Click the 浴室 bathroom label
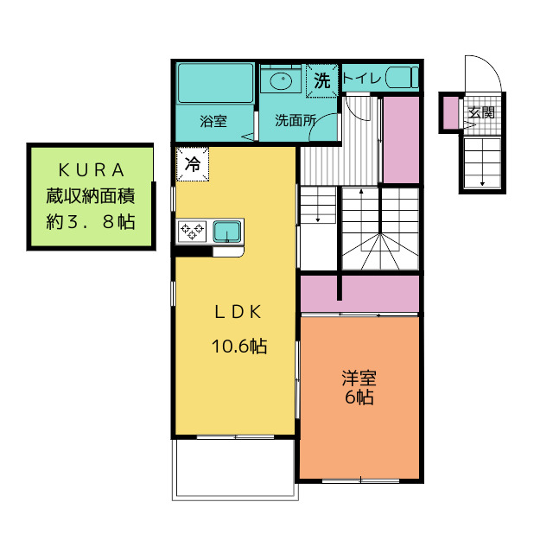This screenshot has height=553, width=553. coord(213,122)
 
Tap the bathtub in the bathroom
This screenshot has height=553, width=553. coord(215,83)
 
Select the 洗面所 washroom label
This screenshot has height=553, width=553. coord(293,122)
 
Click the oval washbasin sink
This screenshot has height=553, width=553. coord(281,81)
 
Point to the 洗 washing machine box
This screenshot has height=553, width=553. coord(322,81)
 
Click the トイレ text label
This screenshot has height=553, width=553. coord(363,79)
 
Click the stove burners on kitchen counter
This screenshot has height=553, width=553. coord(191,231)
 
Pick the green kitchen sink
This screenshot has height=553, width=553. coord(226,231)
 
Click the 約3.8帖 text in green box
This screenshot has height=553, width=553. coord(90,220)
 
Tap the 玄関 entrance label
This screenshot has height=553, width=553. coord(481,111)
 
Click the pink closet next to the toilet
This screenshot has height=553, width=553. coord(400,139)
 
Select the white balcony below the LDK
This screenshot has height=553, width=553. coord(235,467)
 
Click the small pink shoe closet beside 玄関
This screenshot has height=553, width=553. coord(450,111)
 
